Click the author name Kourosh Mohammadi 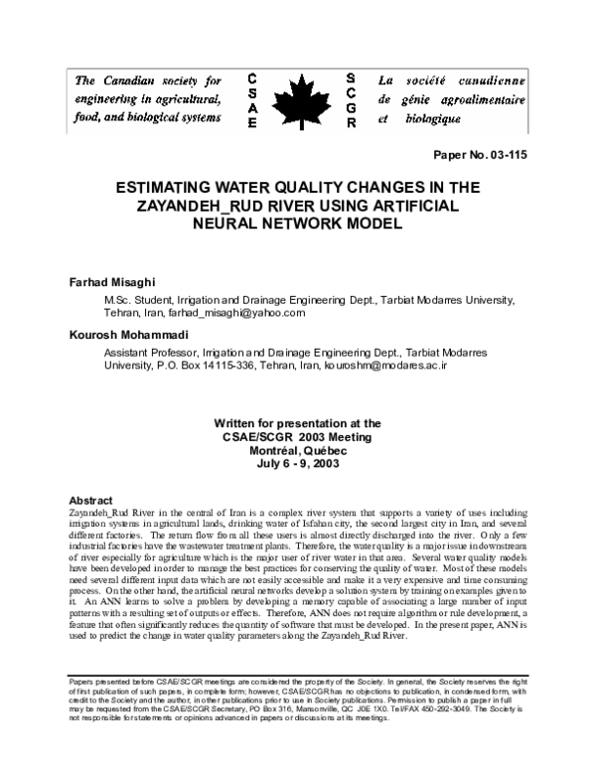(125, 336)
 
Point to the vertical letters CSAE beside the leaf (252, 99)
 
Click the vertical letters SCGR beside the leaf (352, 99)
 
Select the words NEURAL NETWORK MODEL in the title (298, 224)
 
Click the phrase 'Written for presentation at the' (297, 422)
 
